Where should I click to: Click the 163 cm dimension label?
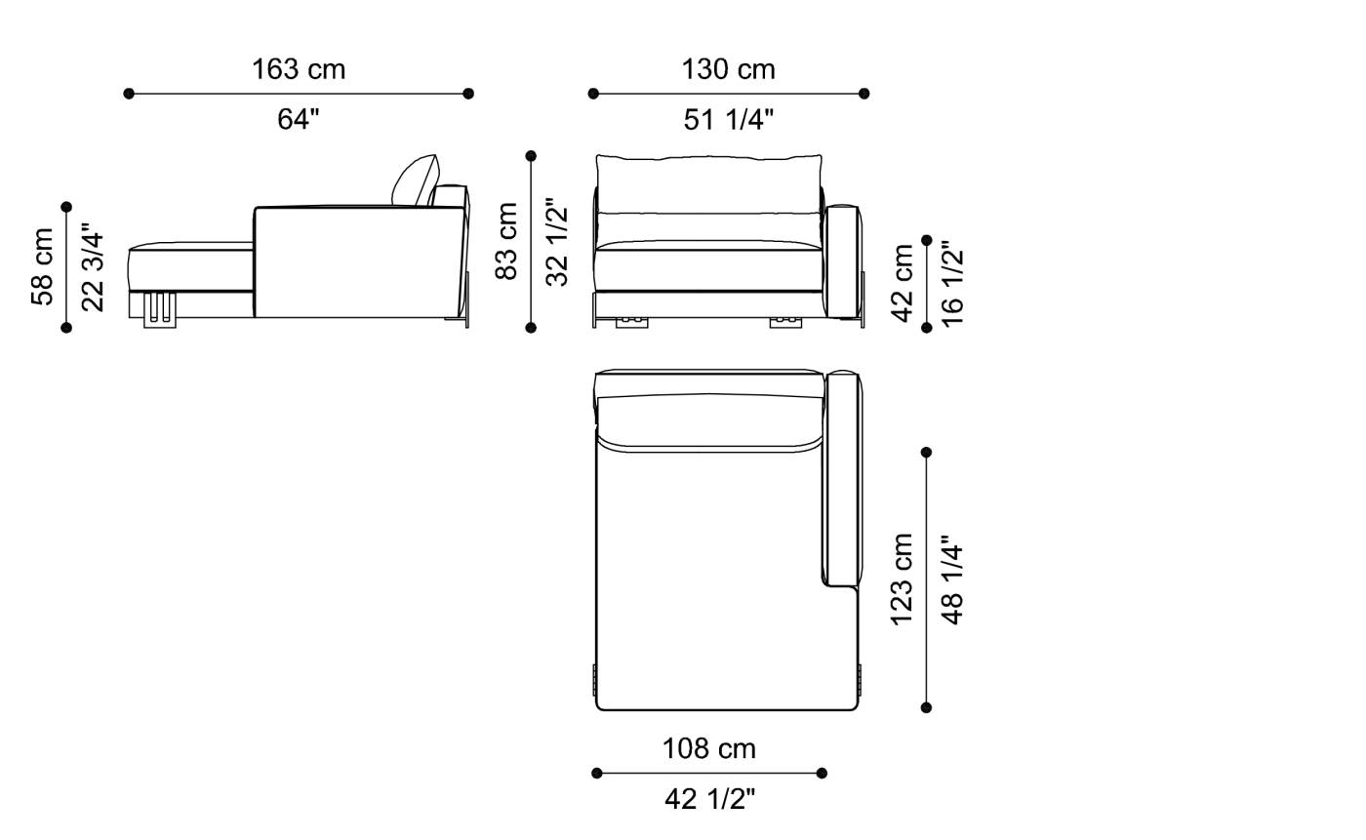299,69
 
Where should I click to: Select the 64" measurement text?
299,119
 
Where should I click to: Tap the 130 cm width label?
728,69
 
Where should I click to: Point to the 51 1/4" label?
728,119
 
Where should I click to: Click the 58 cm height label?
43,266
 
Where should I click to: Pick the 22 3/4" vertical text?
93,266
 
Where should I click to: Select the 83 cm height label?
507,241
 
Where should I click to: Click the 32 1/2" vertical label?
557,242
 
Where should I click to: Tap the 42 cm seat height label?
903,283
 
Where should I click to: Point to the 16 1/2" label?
952,283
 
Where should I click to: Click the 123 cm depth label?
903,579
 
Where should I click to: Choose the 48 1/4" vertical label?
952,579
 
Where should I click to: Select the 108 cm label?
709,748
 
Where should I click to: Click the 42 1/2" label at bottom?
709,799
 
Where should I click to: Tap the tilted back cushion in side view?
416,180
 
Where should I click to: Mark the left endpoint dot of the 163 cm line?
129,94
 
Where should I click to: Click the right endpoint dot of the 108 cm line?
822,774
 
